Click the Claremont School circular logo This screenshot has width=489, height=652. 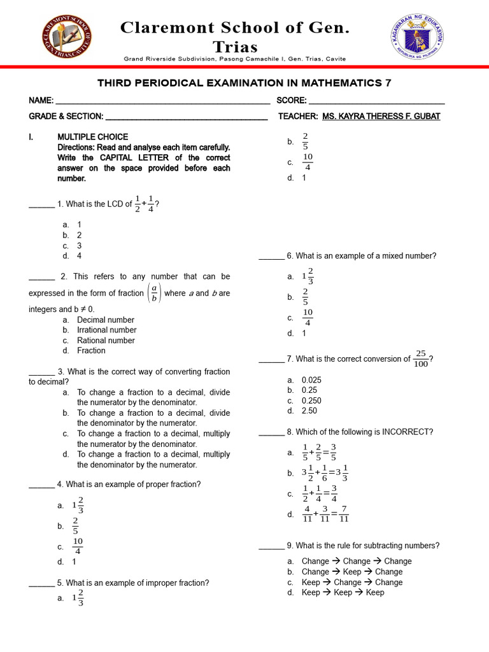pyautogui.click(x=66, y=35)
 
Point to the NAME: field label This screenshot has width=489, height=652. pyautogui.click(x=41, y=101)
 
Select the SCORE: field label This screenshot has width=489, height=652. pyautogui.click(x=292, y=101)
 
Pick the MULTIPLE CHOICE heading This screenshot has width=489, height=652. pyautogui.click(x=93, y=137)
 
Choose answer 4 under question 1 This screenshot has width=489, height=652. pyautogui.click(x=79, y=256)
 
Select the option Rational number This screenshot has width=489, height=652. pyautogui.click(x=106, y=341)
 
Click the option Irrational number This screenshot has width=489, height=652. pyautogui.click(x=107, y=330)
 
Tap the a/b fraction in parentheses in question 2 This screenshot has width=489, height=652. pyautogui.click(x=153, y=294)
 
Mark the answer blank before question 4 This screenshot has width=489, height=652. pyautogui.click(x=41, y=485)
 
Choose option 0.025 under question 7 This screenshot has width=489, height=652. pyautogui.click(x=311, y=380)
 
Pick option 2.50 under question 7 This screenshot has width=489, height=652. pyautogui.click(x=309, y=411)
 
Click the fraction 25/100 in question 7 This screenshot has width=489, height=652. pyautogui.click(x=420, y=358)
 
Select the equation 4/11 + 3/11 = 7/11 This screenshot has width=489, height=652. pyautogui.click(x=325, y=514)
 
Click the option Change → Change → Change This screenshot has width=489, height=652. pyautogui.click(x=357, y=561)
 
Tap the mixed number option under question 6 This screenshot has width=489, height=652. pyautogui.click(x=308, y=276)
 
